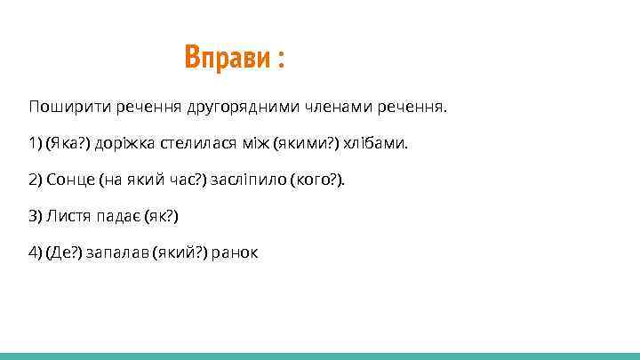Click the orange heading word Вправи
pos(226,58)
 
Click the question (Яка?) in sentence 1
pos(67,144)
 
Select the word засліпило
pos(246,180)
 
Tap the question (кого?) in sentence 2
pos(314,180)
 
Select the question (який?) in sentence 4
pos(180,253)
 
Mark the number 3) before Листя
pos(35,217)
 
